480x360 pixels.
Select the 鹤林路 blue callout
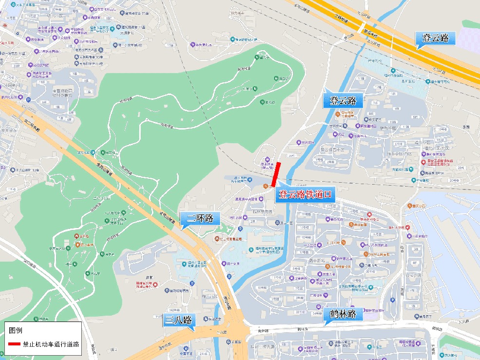coord(343,314)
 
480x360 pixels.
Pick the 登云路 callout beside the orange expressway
coord(435,38)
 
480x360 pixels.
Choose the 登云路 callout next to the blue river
coord(343,101)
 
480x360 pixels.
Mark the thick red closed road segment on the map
coord(276,174)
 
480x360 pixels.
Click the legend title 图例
coord(16,330)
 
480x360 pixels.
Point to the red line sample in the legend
coord(14,344)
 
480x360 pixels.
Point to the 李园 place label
coord(466,127)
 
